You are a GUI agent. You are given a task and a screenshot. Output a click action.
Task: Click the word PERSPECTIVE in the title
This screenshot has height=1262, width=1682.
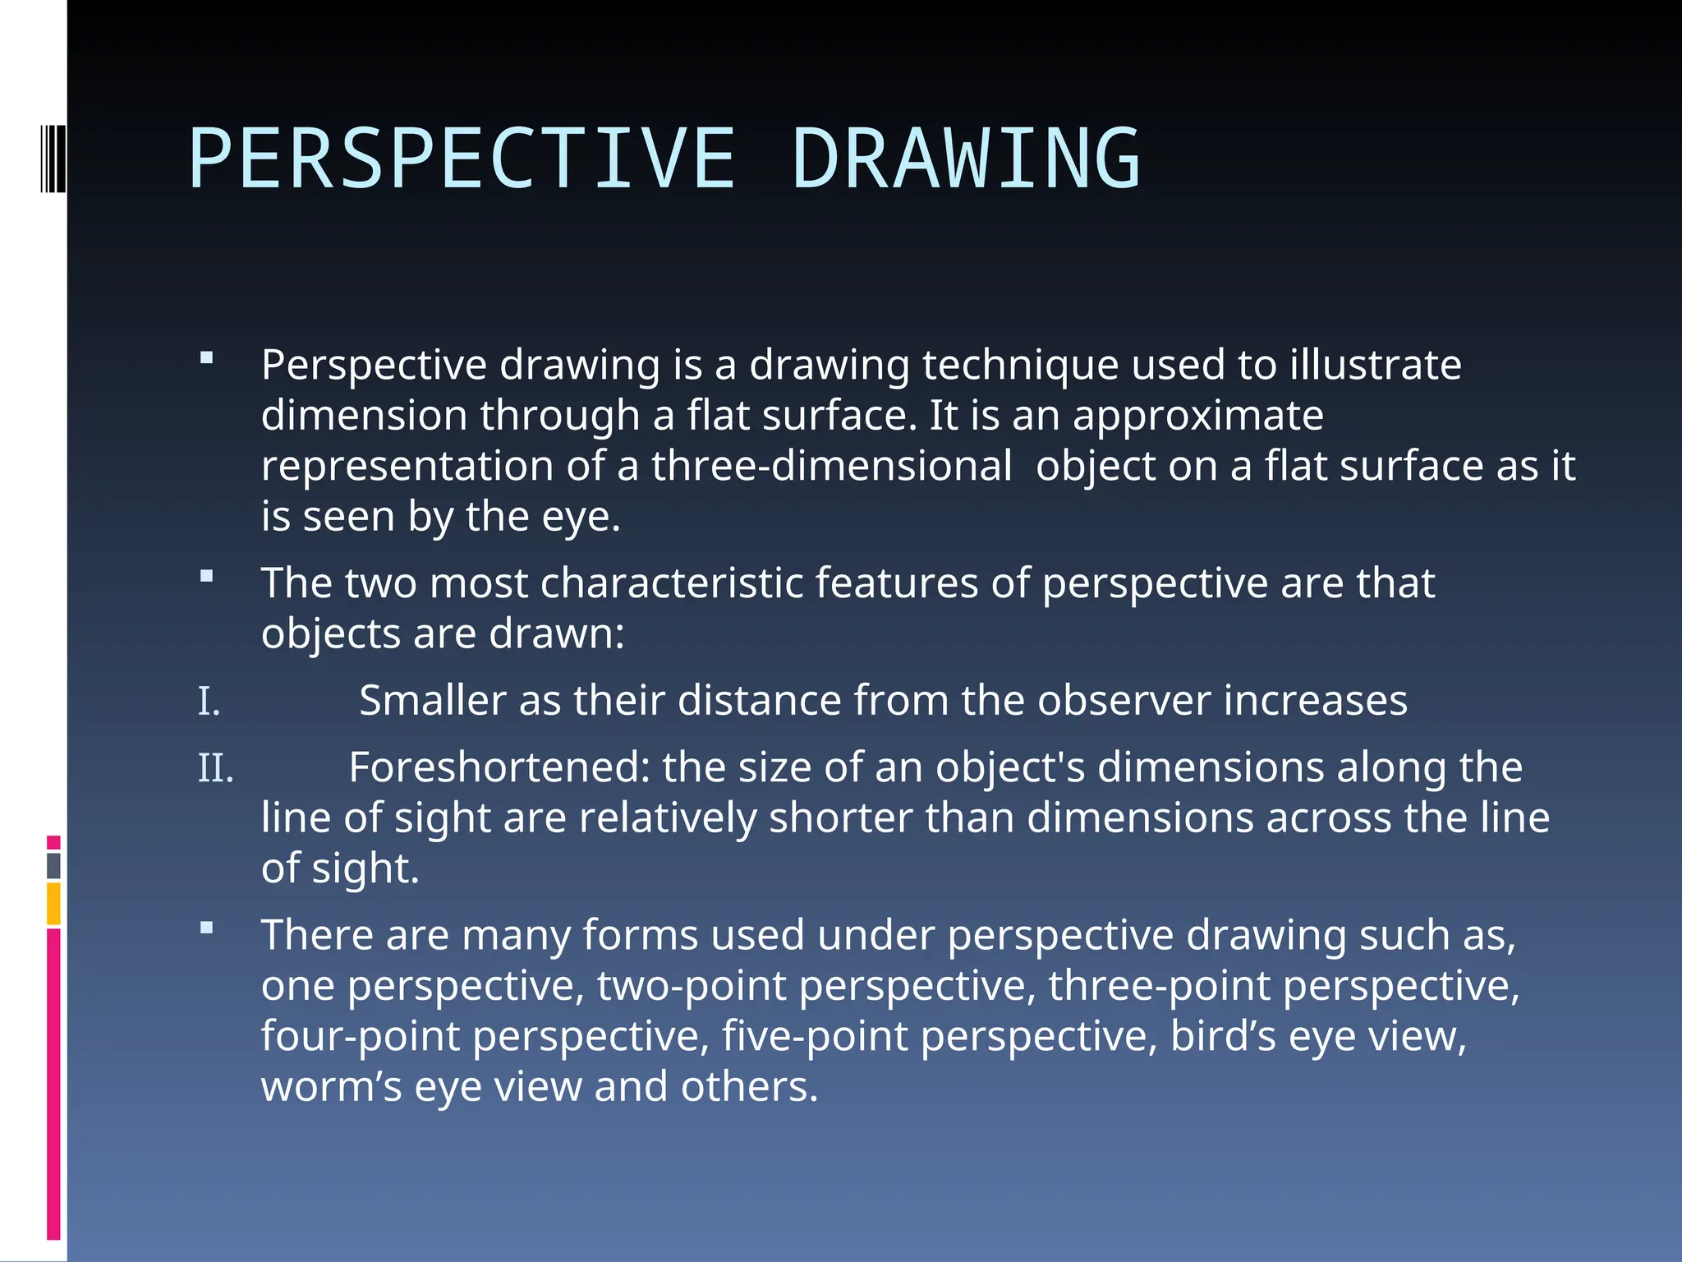pyautogui.click(x=462, y=159)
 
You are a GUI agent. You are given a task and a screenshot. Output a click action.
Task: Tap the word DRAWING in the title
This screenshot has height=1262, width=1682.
pyautogui.click(x=966, y=159)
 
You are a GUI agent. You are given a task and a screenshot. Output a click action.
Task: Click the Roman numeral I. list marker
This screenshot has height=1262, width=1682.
pyautogui.click(x=209, y=702)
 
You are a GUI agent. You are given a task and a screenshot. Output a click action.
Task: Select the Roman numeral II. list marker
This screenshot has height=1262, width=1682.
pyautogui.click(x=216, y=769)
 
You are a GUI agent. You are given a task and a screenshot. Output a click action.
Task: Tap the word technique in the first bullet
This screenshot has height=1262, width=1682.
pyautogui.click(x=1020, y=365)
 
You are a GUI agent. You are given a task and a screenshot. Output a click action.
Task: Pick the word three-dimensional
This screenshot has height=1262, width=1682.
pyautogui.click(x=832, y=466)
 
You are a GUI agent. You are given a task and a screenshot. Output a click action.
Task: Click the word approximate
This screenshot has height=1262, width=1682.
pyautogui.click(x=1198, y=415)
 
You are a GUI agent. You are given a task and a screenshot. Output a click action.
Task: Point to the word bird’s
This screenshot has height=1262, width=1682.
pyautogui.click(x=1223, y=1035)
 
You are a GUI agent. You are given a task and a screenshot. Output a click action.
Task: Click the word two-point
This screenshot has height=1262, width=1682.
pyautogui.click(x=692, y=985)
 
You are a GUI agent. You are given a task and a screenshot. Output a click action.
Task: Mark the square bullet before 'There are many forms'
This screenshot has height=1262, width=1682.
pyautogui.click(x=206, y=928)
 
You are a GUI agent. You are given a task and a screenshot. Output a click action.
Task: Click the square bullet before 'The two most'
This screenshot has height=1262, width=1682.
pyautogui.click(x=206, y=577)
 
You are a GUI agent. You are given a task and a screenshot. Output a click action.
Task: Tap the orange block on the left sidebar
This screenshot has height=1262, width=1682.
pyautogui.click(x=53, y=904)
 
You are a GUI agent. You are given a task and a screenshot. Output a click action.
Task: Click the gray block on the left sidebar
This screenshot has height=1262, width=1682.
pyautogui.click(x=53, y=865)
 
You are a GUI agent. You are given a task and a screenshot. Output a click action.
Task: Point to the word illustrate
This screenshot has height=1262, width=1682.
pyautogui.click(x=1376, y=365)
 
